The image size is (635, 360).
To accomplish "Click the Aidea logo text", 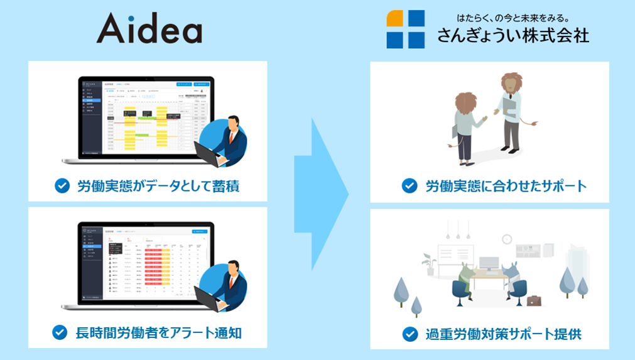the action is coord(149,29).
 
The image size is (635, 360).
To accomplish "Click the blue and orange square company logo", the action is coord(405,29).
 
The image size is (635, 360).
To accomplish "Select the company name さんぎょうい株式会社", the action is coord(513,36).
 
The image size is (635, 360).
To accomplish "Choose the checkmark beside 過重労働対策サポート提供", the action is coord(410,334).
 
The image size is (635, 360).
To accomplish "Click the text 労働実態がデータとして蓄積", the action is coord(157,186).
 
